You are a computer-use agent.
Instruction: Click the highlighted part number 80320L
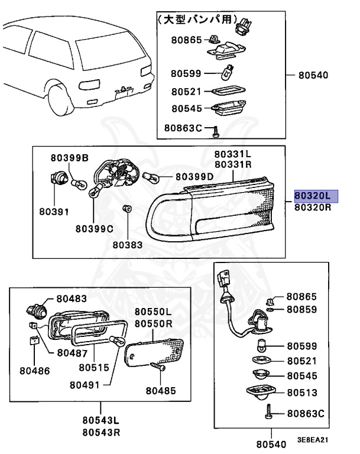313,196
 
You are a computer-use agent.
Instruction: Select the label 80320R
313,207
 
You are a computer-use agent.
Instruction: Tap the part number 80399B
69,158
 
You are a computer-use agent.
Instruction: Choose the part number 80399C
94,228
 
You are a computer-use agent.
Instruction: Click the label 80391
54,211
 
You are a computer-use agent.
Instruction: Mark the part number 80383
128,243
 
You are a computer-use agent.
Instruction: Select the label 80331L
233,154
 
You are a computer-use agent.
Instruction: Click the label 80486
34,371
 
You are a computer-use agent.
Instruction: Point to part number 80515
93,367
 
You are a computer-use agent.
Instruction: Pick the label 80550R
153,323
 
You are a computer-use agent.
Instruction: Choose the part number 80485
161,390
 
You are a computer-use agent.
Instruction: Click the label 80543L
100,421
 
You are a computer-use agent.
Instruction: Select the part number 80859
301,309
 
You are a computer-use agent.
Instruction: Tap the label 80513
301,392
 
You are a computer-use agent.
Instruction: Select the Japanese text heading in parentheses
194,20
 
